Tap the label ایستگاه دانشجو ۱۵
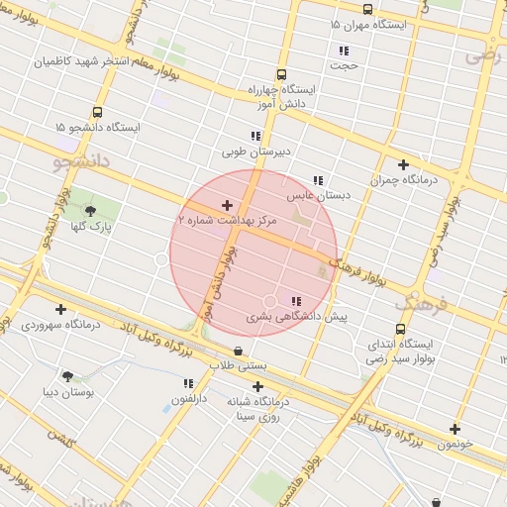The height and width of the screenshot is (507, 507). point(98,128)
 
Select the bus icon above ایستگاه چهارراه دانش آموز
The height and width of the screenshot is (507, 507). point(281,74)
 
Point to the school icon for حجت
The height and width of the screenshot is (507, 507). point(344,51)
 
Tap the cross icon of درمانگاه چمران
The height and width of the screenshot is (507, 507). point(403,164)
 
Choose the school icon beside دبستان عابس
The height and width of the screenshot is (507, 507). point(317,180)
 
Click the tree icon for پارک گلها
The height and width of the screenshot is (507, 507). point(91,210)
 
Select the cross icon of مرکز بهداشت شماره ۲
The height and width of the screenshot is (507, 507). point(227,205)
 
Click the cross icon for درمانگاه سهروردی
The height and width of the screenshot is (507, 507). point(61,309)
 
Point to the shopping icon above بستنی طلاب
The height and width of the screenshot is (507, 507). point(238,352)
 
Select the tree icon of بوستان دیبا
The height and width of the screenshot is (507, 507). point(67,376)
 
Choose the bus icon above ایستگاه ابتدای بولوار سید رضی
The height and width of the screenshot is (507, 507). point(400,329)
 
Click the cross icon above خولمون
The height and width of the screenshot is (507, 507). point(455,429)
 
